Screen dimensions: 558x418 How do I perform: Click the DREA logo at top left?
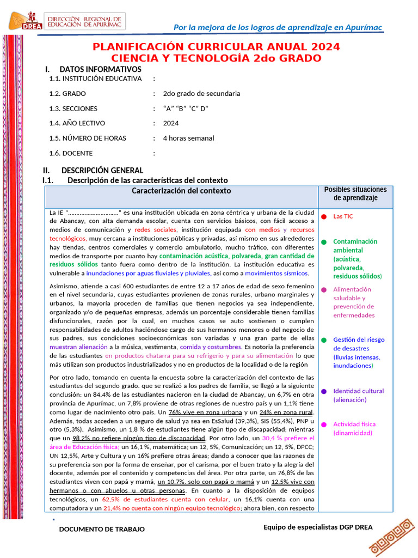[x=21, y=22]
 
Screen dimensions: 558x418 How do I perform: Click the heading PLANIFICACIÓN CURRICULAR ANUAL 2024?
[x=216, y=46]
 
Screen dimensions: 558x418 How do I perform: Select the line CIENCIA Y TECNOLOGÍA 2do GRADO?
[x=216, y=58]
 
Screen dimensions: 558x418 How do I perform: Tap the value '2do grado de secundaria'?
[x=201, y=93]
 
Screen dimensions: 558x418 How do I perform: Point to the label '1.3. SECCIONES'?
[x=73, y=108]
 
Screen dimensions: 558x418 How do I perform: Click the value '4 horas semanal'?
[x=188, y=138]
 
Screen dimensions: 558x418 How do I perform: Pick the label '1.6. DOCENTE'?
[x=71, y=153]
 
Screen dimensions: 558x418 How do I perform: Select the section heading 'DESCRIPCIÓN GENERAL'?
[x=102, y=171]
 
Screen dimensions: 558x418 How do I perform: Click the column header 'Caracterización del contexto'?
[x=181, y=191]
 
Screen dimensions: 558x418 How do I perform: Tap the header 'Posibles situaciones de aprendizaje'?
[x=355, y=194]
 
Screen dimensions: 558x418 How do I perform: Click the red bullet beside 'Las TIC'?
[x=323, y=216]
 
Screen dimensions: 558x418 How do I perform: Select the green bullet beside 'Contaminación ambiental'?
[x=323, y=241]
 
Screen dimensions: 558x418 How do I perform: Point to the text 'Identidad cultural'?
[x=358, y=391]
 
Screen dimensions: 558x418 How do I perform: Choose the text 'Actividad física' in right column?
[x=354, y=424]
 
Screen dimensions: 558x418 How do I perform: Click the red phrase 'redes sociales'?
[x=159, y=230]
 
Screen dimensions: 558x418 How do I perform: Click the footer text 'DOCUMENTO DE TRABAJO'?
[x=102, y=529]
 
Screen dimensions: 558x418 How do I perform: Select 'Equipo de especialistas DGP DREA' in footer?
[x=318, y=526]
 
